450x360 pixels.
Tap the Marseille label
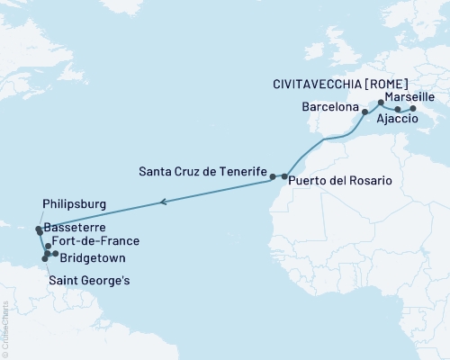point(409,95)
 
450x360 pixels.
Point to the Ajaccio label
point(395,119)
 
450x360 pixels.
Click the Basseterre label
point(73,229)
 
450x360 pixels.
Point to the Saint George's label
point(89,281)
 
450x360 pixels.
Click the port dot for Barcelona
point(364,113)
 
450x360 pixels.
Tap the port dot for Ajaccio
point(398,109)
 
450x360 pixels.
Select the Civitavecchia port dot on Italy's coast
point(412,109)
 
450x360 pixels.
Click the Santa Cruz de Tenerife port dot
point(274,177)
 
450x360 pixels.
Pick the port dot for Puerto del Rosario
point(284,176)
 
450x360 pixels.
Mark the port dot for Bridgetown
point(55,255)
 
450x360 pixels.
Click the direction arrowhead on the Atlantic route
point(162,202)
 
